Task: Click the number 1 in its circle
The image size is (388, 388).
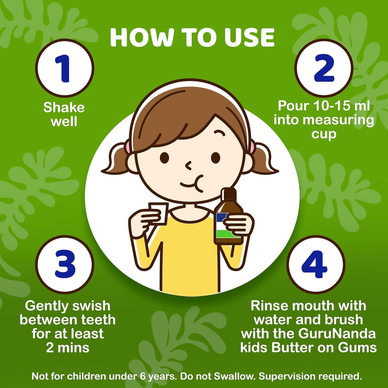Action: pyautogui.click(x=62, y=68)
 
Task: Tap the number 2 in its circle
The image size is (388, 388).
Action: pyautogui.click(x=324, y=68)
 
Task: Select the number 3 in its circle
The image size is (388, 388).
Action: pyautogui.click(x=65, y=264)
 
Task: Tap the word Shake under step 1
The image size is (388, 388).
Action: pyautogui.click(x=64, y=107)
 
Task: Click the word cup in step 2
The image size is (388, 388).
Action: pyautogui.click(x=324, y=134)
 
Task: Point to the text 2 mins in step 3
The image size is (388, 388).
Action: pyautogui.click(x=68, y=348)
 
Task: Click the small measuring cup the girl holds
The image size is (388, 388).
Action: pyautogui.click(x=158, y=213)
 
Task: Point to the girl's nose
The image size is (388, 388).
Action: pyautogui.click(x=189, y=166)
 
